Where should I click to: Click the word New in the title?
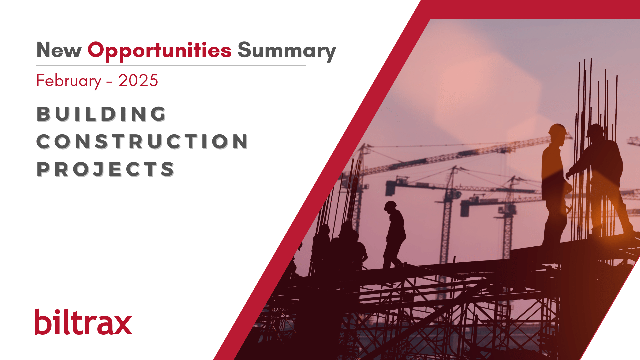[x=59, y=50]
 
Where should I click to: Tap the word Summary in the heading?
[x=287, y=51]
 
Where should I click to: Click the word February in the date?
[x=69, y=81]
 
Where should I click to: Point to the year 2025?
[x=138, y=81]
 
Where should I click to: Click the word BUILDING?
[x=101, y=114]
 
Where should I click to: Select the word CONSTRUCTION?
[x=142, y=141]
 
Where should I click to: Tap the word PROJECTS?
[x=105, y=169]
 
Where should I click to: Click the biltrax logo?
[x=83, y=322]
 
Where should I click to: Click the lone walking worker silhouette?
[x=394, y=235]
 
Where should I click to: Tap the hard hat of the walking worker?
[x=390, y=205]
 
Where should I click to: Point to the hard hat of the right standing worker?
[x=595, y=130]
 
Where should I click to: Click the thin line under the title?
[x=171, y=66]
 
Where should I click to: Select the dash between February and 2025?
[x=110, y=82]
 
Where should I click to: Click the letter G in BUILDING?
[x=158, y=114]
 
